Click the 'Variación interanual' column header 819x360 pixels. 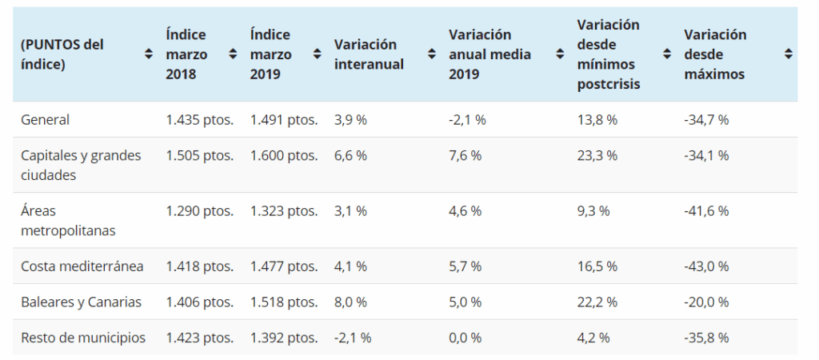tap(369, 54)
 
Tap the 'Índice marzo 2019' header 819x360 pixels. tap(270, 54)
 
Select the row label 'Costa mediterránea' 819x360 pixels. tap(82, 266)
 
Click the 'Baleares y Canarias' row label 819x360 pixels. tap(81, 302)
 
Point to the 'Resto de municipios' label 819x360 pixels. tap(83, 338)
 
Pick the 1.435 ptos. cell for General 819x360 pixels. tap(200, 119)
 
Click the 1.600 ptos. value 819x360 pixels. tap(284, 155)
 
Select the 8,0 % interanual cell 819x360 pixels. tap(350, 302)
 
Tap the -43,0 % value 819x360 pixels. tap(706, 266)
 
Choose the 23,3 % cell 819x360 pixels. tap(597, 155)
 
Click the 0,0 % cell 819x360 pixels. tap(465, 338)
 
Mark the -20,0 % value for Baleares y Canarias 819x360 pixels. tap(706, 302)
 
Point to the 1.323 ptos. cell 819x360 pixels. tap(284, 211)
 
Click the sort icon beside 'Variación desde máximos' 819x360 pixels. tap(789, 54)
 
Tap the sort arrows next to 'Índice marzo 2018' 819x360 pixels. tap(233, 54)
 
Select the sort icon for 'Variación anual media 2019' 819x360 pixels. tap(560, 54)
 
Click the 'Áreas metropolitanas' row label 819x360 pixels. tap(68, 220)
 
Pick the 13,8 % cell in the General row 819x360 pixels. tap(597, 119)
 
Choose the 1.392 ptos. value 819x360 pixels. tap(284, 338)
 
